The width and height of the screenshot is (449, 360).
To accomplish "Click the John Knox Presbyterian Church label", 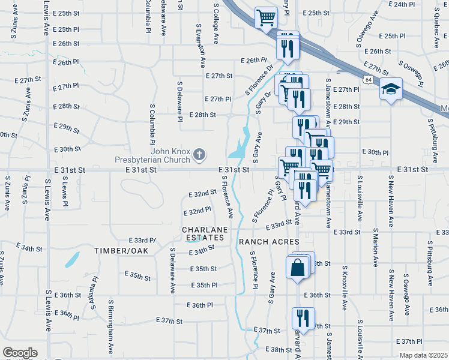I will (154, 155).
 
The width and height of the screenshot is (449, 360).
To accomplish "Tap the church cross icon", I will (199, 155).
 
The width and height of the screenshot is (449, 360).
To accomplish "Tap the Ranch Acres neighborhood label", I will (269, 241).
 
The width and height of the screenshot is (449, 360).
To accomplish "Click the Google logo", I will (20, 353).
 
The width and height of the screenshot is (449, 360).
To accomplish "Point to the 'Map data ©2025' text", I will (423, 355).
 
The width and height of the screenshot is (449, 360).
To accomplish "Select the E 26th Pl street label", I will (253, 61).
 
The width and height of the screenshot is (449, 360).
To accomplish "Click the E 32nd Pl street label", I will (196, 211).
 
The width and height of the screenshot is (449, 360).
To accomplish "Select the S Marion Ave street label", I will (375, 246).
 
